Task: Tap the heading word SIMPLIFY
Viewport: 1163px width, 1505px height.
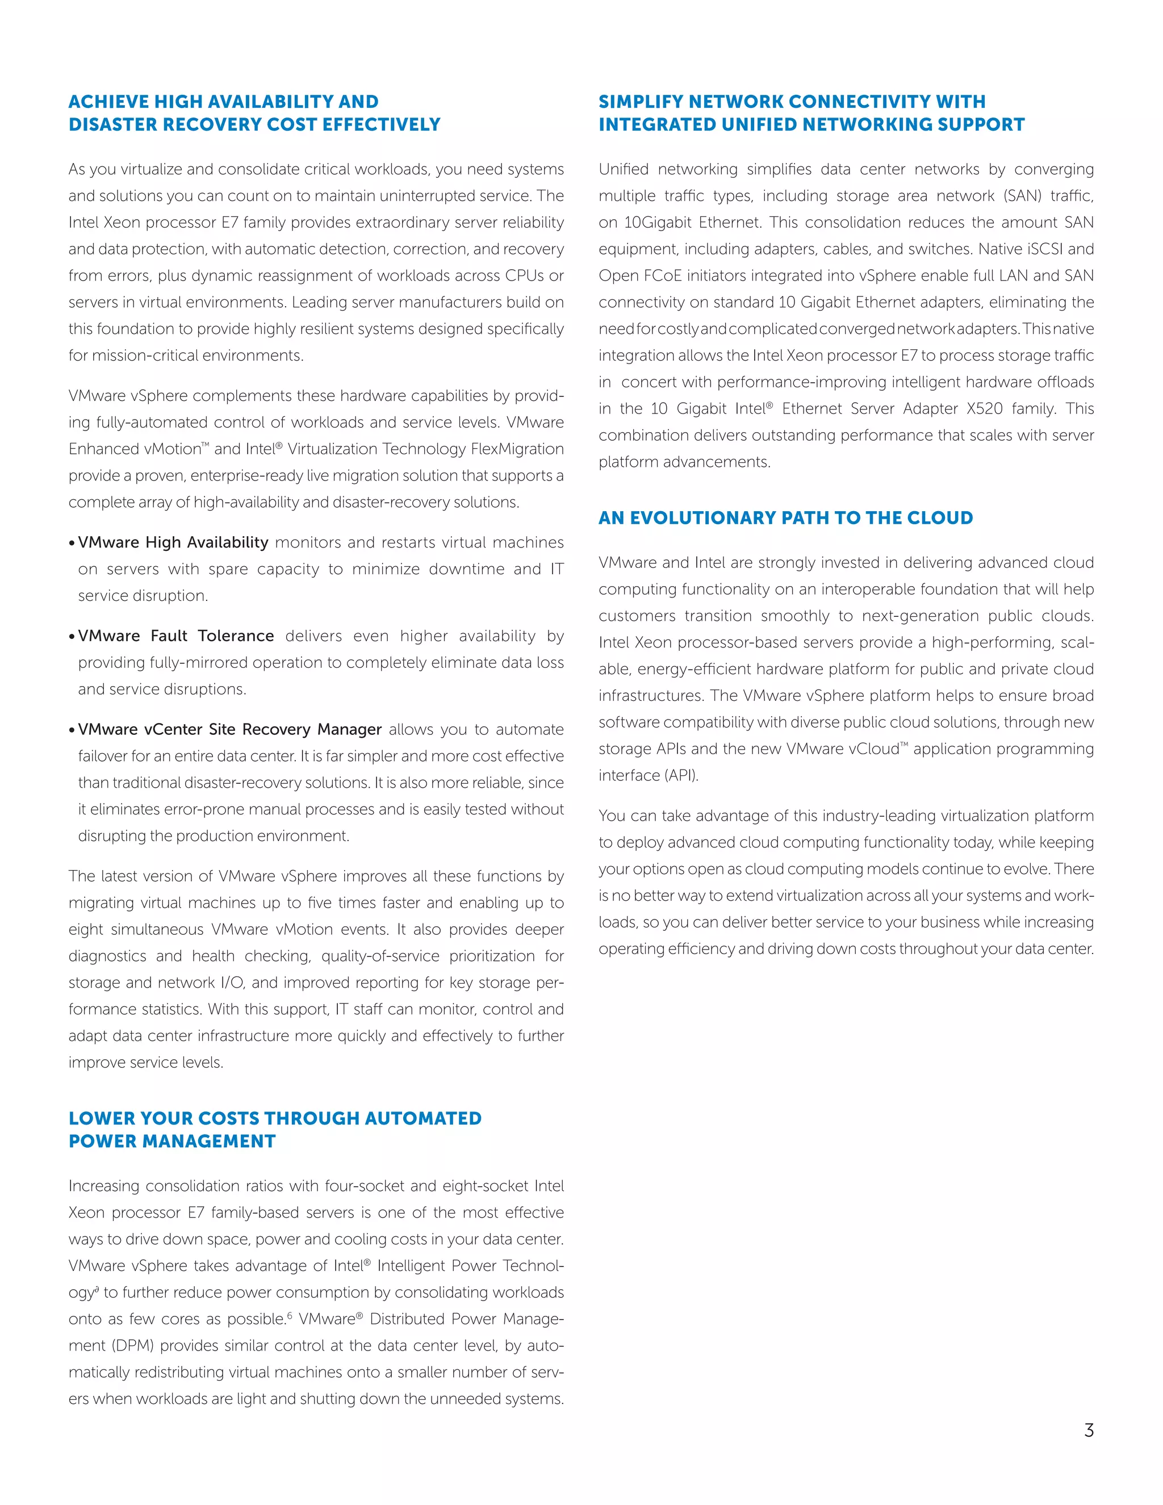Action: [x=641, y=102]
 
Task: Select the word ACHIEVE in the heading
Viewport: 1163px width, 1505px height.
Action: [x=108, y=102]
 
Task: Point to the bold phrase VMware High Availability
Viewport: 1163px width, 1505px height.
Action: [x=173, y=543]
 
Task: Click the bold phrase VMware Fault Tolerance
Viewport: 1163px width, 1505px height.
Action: [x=175, y=636]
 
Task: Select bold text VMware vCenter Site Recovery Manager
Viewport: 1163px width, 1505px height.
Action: [x=229, y=730]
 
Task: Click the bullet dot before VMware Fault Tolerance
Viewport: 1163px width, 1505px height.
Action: [x=72, y=637]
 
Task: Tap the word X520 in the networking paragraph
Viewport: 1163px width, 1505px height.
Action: [x=985, y=409]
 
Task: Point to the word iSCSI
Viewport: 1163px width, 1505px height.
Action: [x=1036, y=249]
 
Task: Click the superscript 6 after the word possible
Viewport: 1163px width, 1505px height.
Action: [x=290, y=1315]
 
